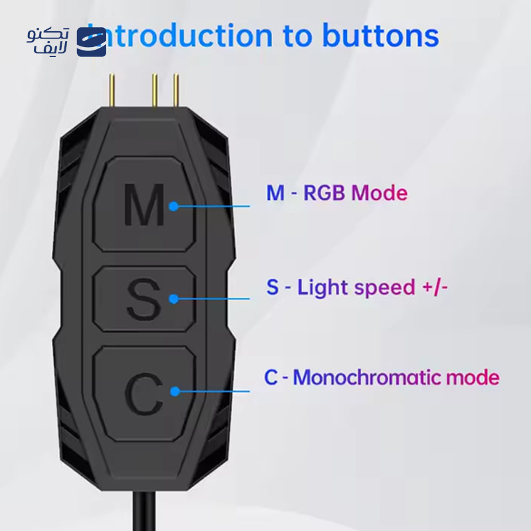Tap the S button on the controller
click(x=144, y=299)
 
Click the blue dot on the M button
click(x=173, y=206)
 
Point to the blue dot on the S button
click(x=173, y=299)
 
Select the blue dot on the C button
click(x=175, y=391)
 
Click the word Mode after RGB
click(x=379, y=193)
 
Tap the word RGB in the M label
click(x=325, y=193)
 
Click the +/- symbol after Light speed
click(x=435, y=287)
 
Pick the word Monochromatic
click(x=367, y=378)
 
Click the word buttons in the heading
click(x=380, y=36)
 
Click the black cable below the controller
click(x=139, y=511)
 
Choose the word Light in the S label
click(x=323, y=287)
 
